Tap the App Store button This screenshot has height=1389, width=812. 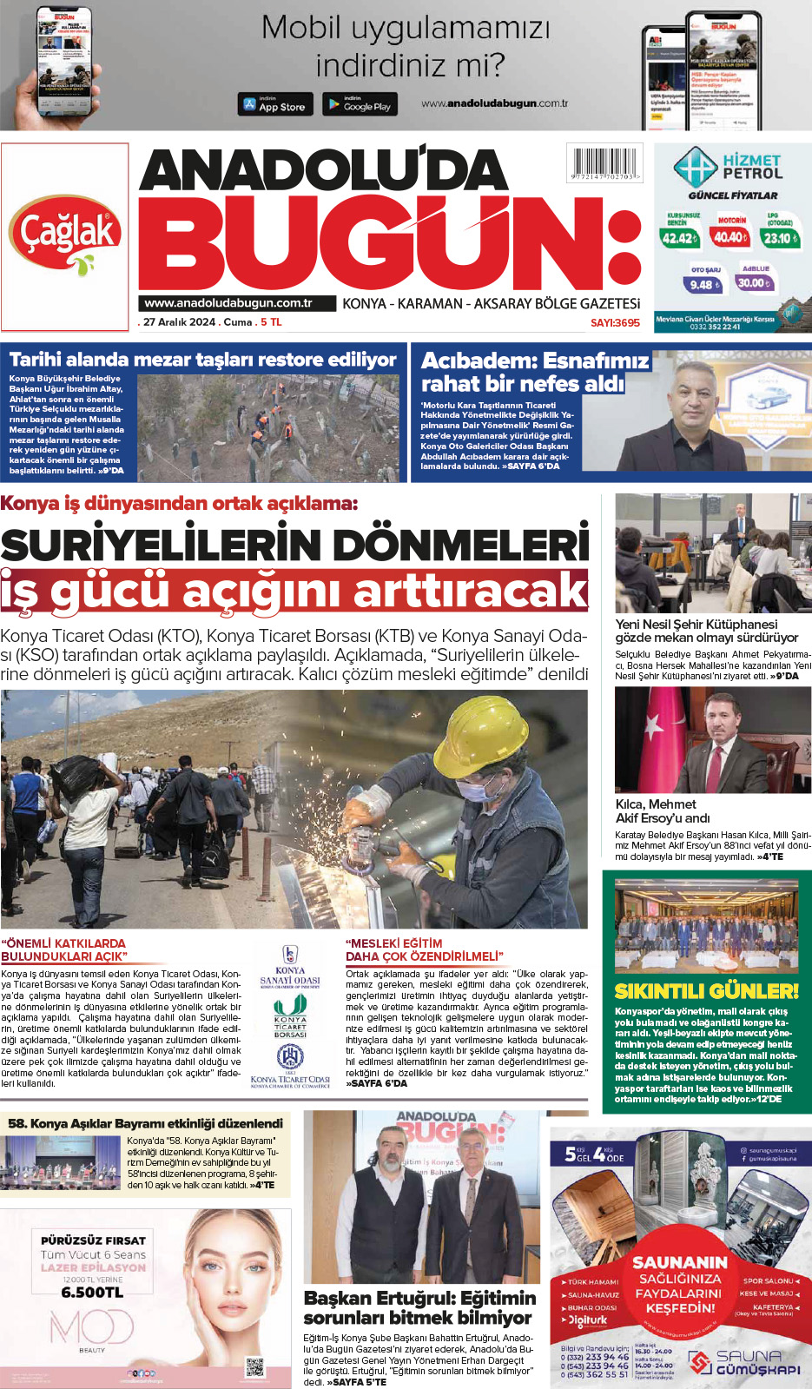[x=274, y=104]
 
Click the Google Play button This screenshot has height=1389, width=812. [x=360, y=104]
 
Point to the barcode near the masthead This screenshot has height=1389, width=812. [x=604, y=162]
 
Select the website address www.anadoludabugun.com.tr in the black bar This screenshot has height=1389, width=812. [x=228, y=303]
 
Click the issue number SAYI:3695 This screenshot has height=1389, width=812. [x=615, y=322]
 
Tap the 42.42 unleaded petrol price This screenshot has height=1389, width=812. [x=679, y=237]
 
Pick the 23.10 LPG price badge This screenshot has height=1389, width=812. [x=780, y=237]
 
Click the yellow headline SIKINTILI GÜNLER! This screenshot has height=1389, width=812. [x=706, y=991]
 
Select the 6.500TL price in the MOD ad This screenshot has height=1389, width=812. [x=92, y=1292]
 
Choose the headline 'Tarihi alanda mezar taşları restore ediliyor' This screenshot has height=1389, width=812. [x=202, y=360]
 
